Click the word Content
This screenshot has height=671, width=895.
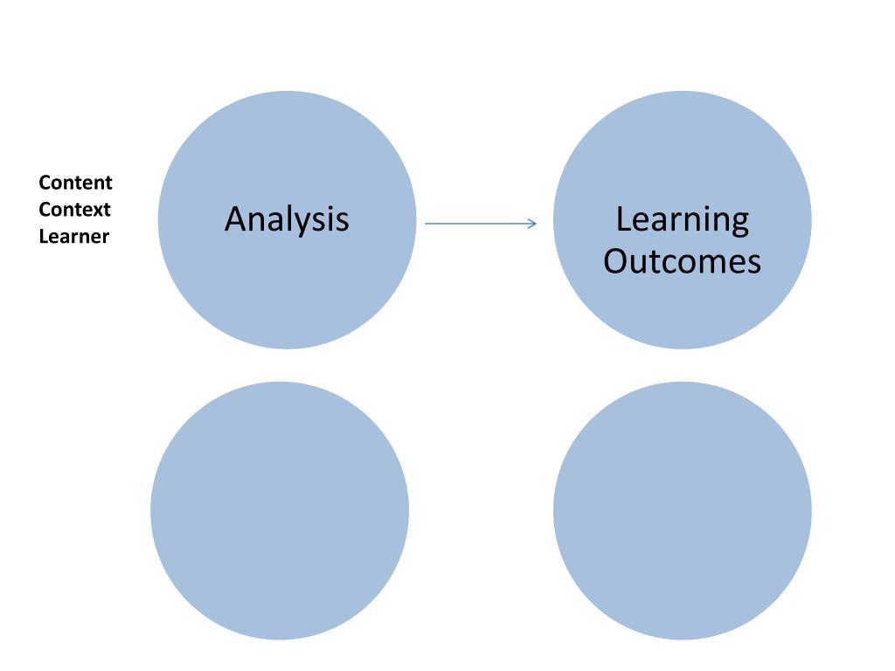(75, 183)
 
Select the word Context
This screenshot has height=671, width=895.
(75, 210)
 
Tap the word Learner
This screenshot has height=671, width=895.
(74, 236)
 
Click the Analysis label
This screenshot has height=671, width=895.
(287, 218)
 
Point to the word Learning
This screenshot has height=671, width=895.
(682, 219)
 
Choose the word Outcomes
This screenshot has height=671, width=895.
(682, 261)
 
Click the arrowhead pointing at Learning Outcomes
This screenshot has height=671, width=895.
(532, 224)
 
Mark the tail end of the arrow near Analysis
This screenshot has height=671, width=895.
(427, 224)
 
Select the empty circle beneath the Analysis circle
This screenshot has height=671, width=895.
(280, 511)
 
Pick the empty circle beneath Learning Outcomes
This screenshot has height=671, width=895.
(682, 511)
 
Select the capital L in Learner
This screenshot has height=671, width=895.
(44, 236)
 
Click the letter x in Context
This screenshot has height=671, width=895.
(96, 211)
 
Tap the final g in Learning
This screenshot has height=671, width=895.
(739, 224)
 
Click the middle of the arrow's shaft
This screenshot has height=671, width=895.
(480, 224)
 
